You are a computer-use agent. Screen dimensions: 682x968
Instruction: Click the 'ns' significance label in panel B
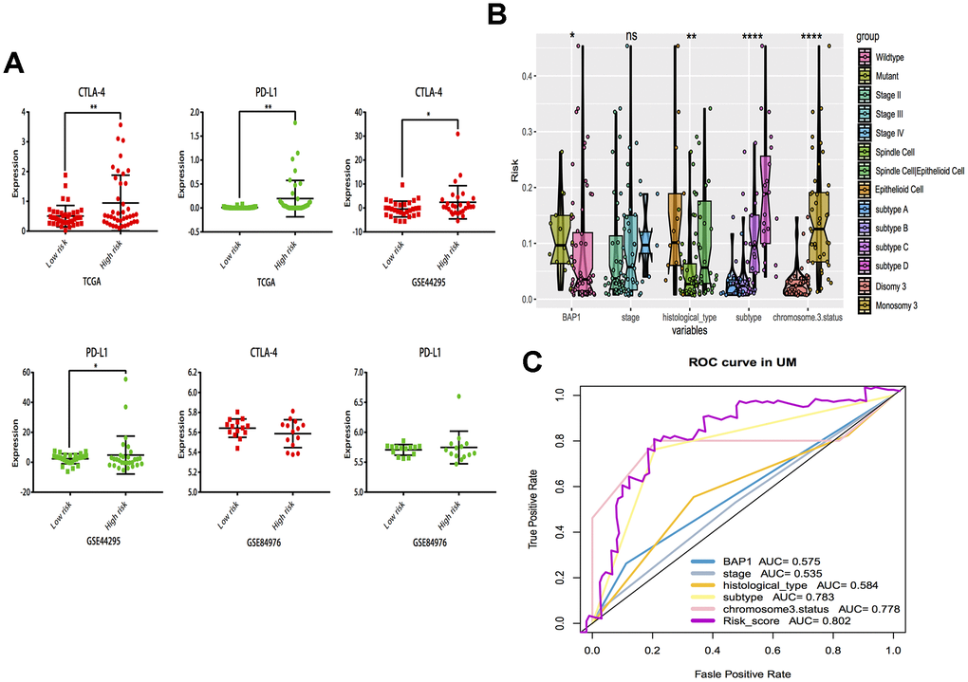pyautogui.click(x=631, y=36)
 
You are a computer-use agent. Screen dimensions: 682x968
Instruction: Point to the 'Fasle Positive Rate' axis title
pyautogui.click(x=744, y=673)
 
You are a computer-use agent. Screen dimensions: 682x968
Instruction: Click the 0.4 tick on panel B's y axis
pyautogui.click(x=527, y=76)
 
